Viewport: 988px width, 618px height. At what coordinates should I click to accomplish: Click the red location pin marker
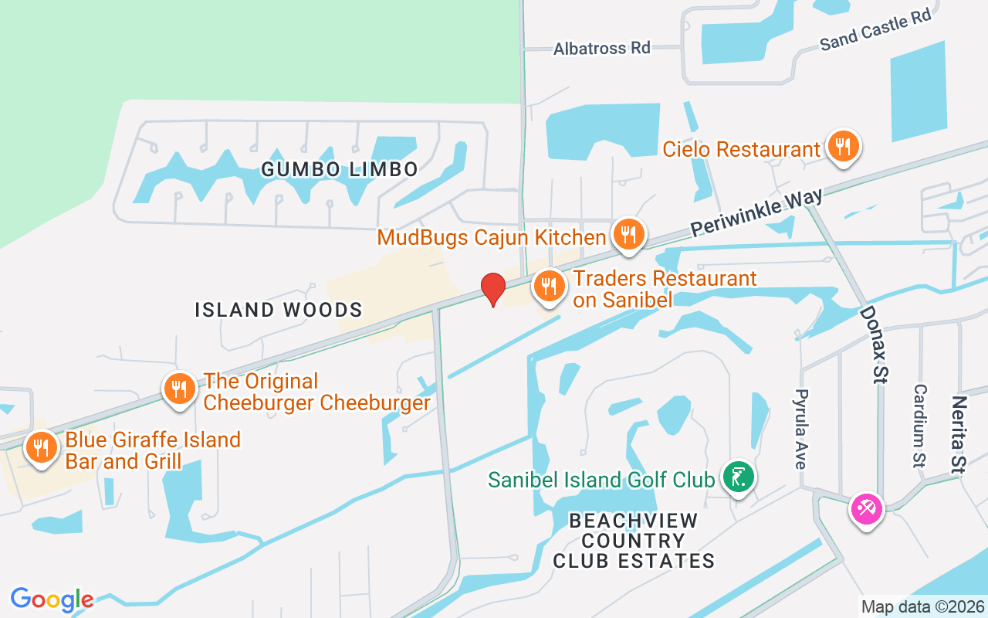(x=493, y=289)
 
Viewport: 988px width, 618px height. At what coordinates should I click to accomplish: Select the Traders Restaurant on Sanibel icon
(x=549, y=287)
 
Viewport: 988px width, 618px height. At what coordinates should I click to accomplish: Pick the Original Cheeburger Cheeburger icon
(x=180, y=389)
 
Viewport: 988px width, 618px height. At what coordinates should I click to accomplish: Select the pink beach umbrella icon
(x=866, y=509)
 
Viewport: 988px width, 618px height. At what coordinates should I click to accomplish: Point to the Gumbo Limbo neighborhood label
(x=340, y=169)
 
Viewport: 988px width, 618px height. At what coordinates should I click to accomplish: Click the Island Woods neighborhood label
(x=279, y=311)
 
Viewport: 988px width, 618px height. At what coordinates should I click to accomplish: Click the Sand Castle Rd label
(x=875, y=30)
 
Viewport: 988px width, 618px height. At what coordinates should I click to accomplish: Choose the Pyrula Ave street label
(x=800, y=429)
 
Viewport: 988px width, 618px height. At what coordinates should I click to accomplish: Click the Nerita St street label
(x=959, y=433)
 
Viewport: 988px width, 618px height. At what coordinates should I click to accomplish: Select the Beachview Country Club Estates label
(x=634, y=541)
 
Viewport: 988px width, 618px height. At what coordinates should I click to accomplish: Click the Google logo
(x=52, y=599)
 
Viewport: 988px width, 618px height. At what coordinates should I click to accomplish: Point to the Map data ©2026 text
(x=923, y=606)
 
